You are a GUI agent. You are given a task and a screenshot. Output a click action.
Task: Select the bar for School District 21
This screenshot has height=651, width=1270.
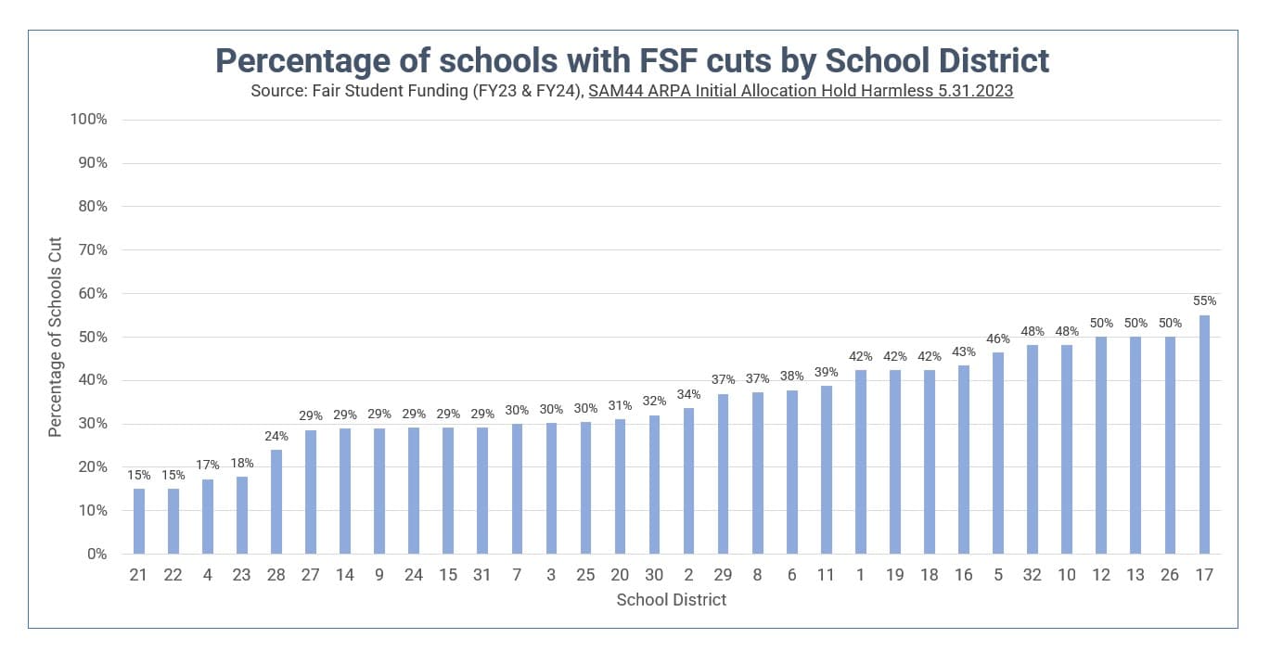coord(139,521)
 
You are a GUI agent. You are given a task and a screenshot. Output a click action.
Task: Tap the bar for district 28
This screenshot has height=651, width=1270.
coord(276,502)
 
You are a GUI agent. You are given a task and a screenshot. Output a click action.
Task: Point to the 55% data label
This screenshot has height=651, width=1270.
coord(1204,301)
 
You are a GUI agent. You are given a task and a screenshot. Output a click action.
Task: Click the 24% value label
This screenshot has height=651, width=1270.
coord(276,436)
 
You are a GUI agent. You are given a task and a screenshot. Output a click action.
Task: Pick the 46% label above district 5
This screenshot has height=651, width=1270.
coord(998,338)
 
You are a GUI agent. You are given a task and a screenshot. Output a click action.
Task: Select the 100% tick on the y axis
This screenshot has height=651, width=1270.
coord(89,120)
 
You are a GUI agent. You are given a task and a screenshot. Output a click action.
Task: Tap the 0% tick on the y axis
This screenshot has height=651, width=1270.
coord(96,555)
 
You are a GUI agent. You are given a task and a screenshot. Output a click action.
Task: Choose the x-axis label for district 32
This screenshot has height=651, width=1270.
coord(1033,575)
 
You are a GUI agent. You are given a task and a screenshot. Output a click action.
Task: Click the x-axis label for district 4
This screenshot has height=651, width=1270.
coord(208,575)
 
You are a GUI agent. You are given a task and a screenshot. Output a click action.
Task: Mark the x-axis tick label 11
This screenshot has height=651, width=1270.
coord(826,575)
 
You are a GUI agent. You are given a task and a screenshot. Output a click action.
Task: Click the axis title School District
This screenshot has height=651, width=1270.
coord(671,600)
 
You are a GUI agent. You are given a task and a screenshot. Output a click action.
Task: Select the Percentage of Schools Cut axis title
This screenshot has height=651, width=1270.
coord(56,337)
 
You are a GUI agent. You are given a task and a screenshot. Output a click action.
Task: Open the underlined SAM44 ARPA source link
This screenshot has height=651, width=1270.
coord(801,92)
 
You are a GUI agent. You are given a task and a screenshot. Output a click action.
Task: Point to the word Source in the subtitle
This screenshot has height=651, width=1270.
coord(276,92)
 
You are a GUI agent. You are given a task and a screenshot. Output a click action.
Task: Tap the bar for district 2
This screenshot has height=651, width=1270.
coord(688,480)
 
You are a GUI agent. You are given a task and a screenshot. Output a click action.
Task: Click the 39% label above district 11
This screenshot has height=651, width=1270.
coord(826,373)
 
